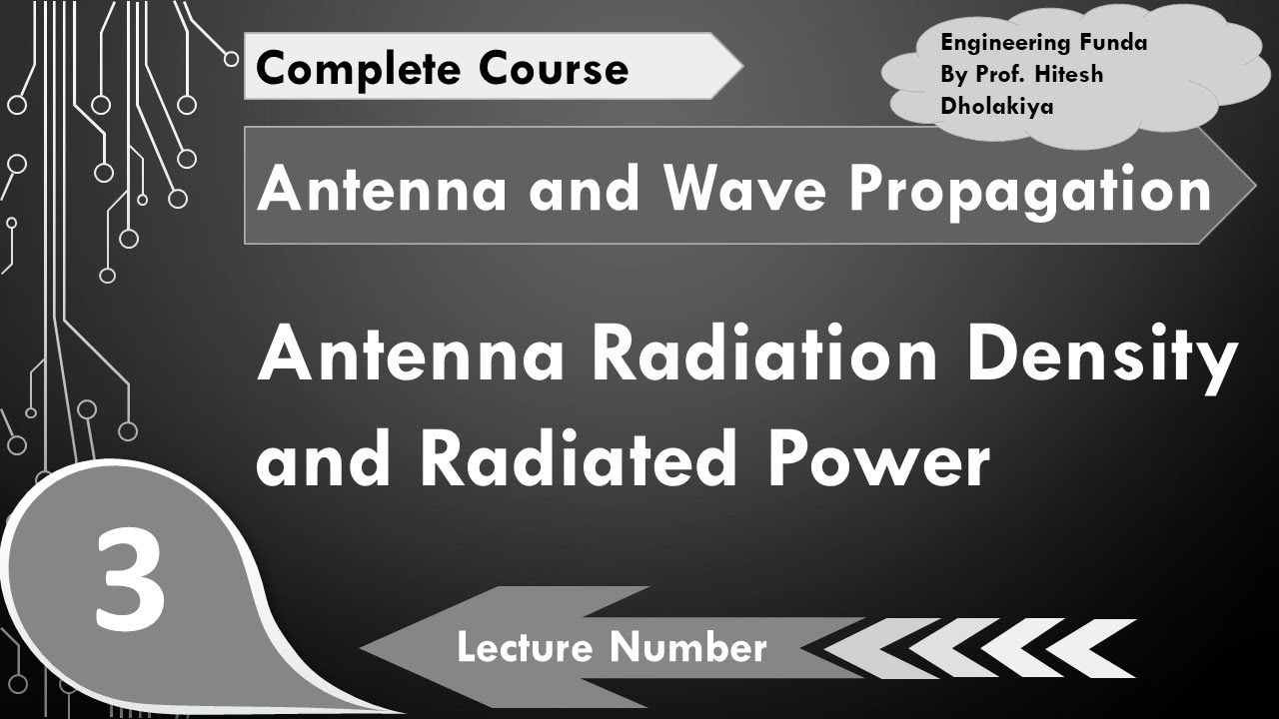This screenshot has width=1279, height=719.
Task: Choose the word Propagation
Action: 1029,191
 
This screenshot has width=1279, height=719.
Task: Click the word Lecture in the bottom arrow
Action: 527,648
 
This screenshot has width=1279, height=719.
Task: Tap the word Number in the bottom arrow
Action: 689,648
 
